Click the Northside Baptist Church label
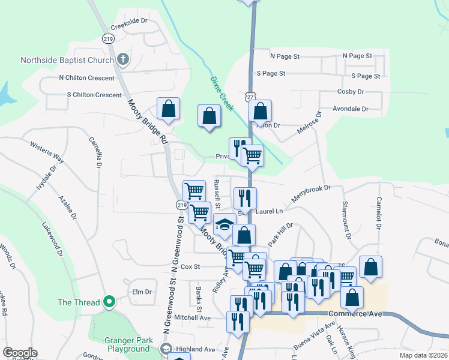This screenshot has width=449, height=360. tap(67, 60)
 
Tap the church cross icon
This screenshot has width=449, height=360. tap(124, 59)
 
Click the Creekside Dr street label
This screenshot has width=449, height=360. tap(129, 20)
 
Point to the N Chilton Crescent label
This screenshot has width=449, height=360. tap(86, 78)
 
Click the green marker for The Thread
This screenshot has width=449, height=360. tap(109, 301)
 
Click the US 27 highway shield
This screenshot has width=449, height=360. tap(250, 97)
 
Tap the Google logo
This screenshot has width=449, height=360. tap(20, 353)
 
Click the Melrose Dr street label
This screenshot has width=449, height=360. tap(309, 124)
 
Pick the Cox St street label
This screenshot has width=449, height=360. tap(190, 266)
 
